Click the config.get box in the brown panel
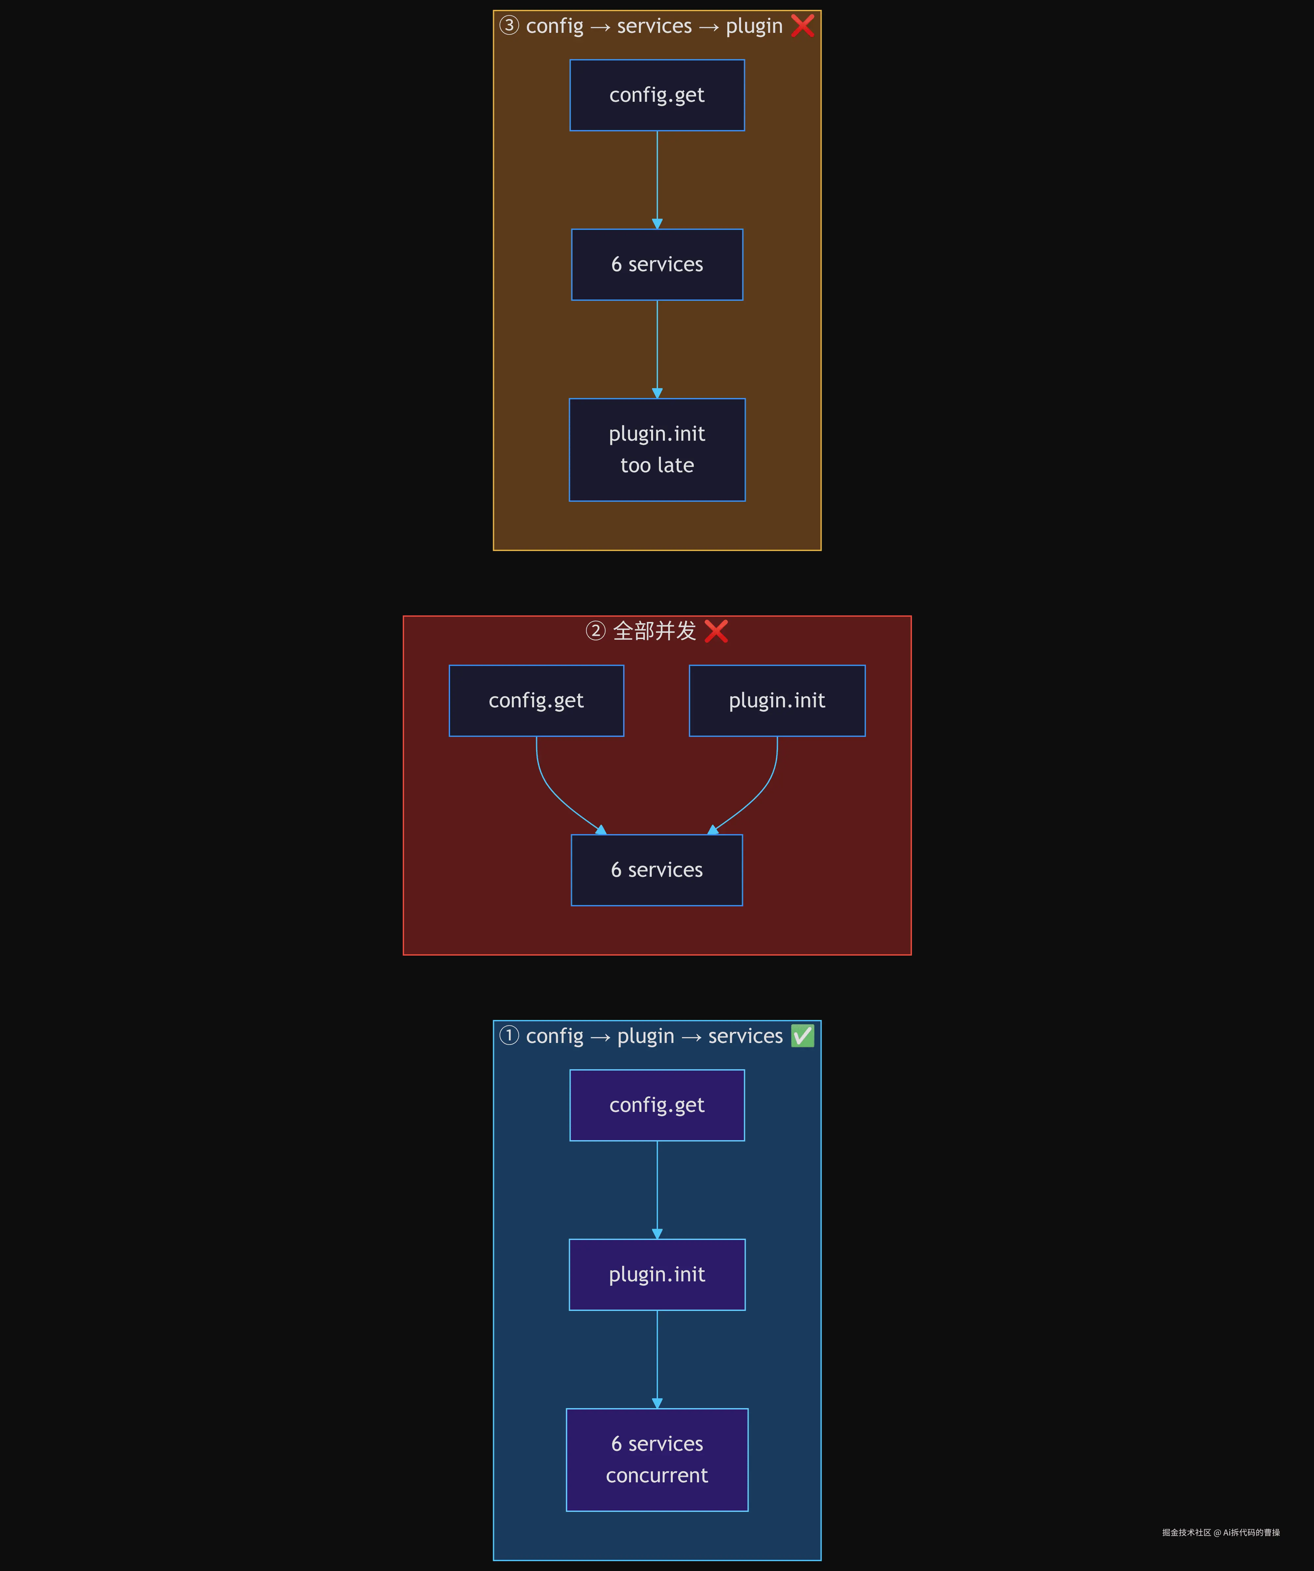click(657, 95)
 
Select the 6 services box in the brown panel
click(657, 264)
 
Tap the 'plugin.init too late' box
click(657, 450)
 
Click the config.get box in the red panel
click(536, 700)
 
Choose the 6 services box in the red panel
click(657, 870)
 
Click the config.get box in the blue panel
click(657, 1105)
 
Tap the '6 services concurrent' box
click(657, 1460)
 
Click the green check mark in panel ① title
click(802, 1036)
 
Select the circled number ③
click(509, 25)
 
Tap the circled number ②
click(595, 631)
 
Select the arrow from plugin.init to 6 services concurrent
click(657, 1359)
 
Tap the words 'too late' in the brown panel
click(657, 465)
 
